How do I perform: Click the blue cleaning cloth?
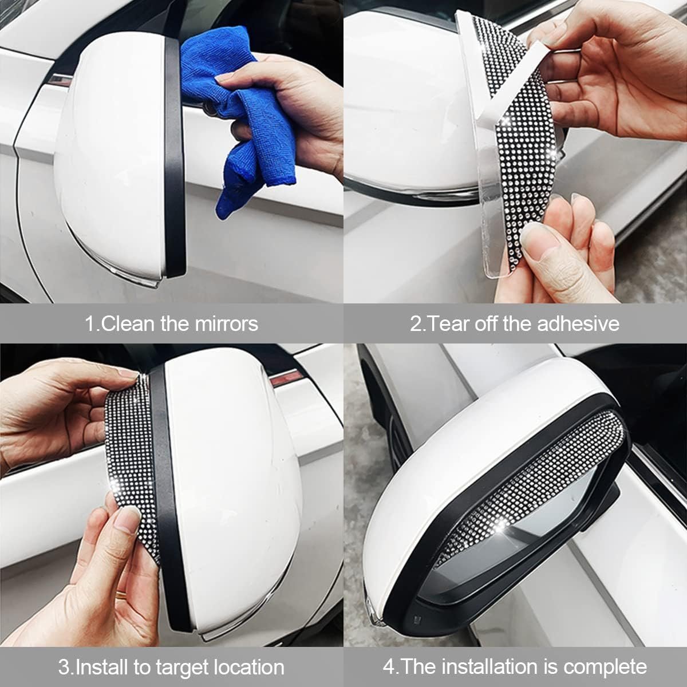pos(242,107)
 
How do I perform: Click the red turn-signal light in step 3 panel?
pos(284,378)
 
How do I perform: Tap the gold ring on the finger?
pos(122,594)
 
